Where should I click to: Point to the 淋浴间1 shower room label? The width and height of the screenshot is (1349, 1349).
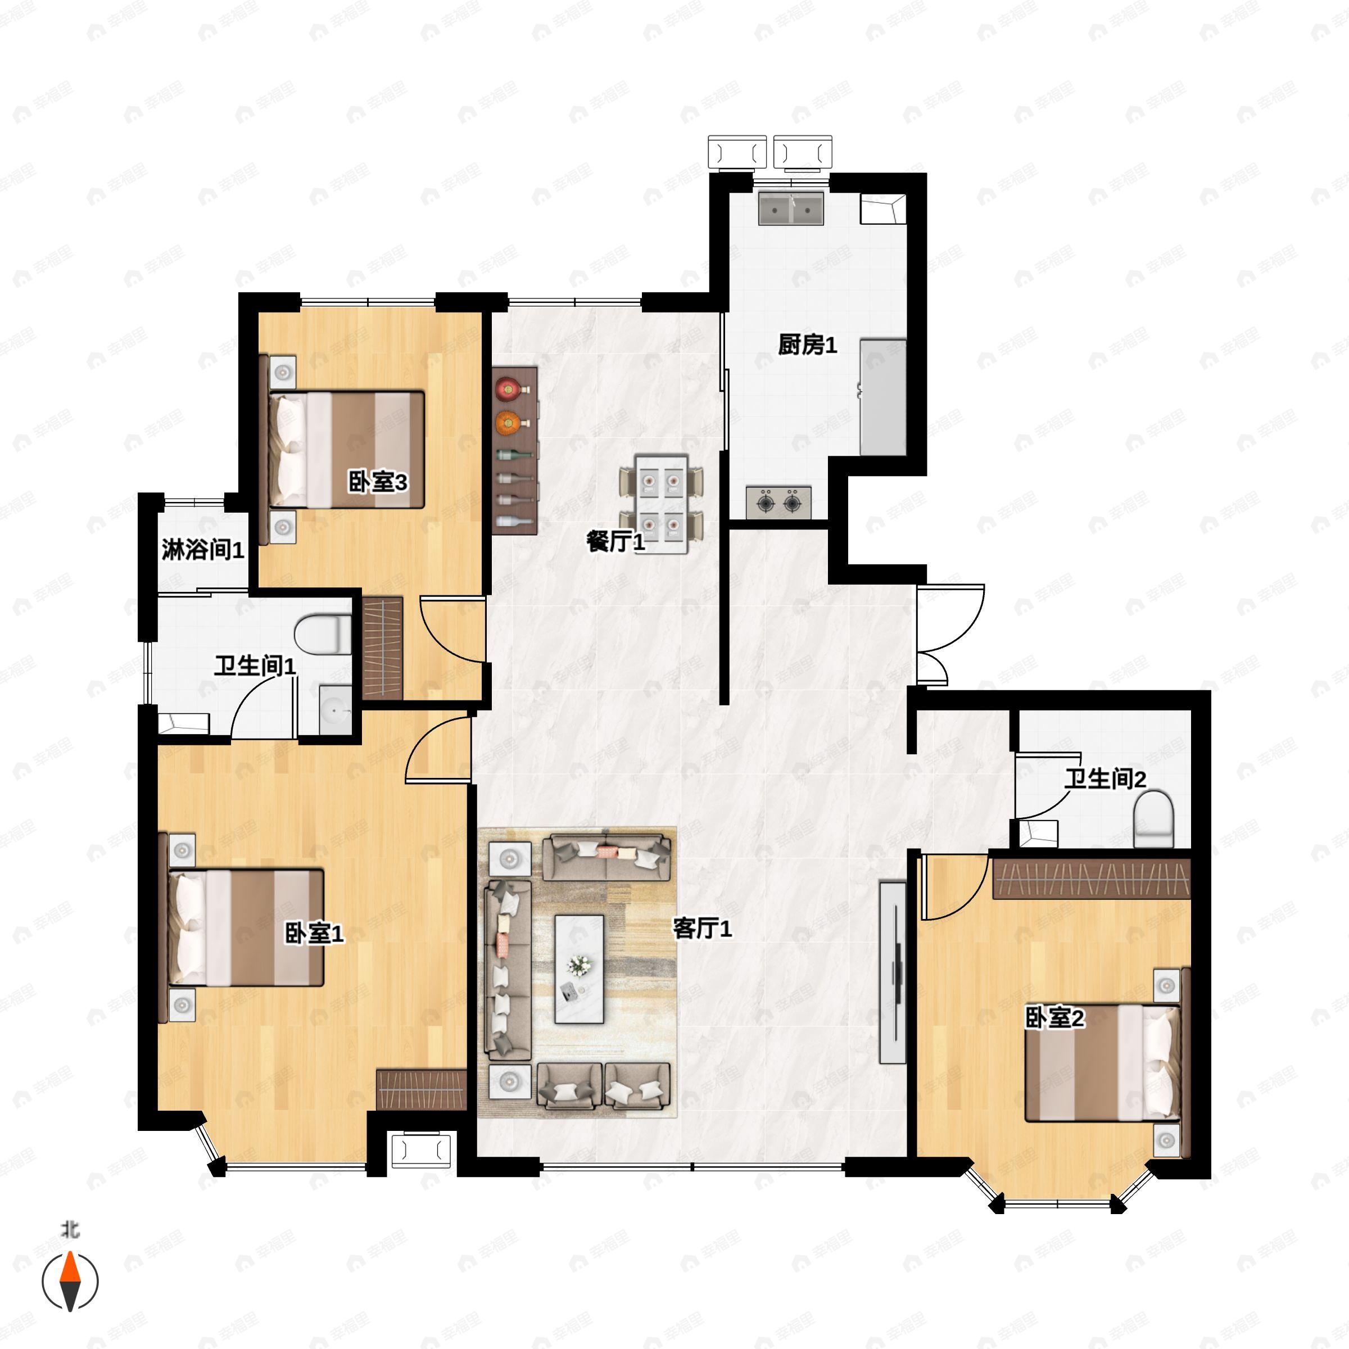point(202,550)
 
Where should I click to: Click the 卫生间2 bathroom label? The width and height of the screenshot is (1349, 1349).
point(1105,778)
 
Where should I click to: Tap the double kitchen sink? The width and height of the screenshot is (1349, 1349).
point(791,207)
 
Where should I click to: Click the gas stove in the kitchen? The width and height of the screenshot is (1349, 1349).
point(778,502)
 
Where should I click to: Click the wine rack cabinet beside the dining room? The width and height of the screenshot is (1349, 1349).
point(515,451)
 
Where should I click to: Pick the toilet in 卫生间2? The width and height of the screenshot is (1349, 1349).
point(1153,818)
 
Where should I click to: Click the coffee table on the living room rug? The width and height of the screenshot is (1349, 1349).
point(579,969)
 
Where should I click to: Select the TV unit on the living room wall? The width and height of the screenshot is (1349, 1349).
point(893,972)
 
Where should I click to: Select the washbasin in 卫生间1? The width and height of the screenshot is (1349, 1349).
point(336,709)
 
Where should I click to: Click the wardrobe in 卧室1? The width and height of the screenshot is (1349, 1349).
point(421,1089)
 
